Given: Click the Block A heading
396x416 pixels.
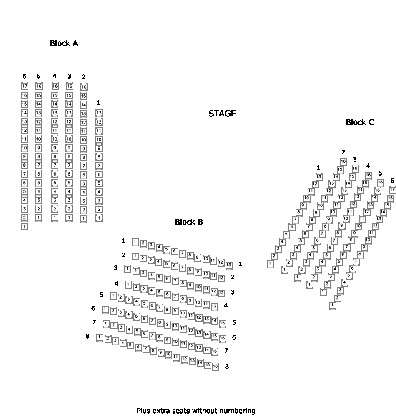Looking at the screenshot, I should click(x=64, y=43).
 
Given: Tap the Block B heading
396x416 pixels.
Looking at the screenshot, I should click(x=189, y=222).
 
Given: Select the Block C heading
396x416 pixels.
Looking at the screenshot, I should click(x=360, y=122).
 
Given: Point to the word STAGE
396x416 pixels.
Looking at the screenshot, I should click(x=222, y=114).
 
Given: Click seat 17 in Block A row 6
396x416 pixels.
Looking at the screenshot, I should click(x=24, y=87).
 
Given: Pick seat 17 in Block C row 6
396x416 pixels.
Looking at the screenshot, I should click(x=392, y=190).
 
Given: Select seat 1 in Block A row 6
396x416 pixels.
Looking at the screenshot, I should click(x=24, y=227).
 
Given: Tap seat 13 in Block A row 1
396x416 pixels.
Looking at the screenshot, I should click(x=99, y=113).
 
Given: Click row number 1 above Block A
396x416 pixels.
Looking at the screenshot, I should click(x=98, y=102).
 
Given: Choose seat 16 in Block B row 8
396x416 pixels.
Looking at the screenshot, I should click(x=215, y=366).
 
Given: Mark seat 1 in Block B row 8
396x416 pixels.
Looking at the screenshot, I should click(x=100, y=337).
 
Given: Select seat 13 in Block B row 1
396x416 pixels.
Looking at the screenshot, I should click(x=229, y=265).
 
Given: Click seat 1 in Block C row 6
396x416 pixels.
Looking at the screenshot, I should click(x=333, y=305).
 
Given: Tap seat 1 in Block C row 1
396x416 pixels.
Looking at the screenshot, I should click(x=270, y=263).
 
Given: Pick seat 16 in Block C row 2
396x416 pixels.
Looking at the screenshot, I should click(x=343, y=161).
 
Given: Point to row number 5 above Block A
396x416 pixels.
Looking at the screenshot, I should click(x=38, y=76).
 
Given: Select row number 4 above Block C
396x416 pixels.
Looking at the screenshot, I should click(x=368, y=166).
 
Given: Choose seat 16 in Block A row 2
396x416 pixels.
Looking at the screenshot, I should click(x=83, y=87).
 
